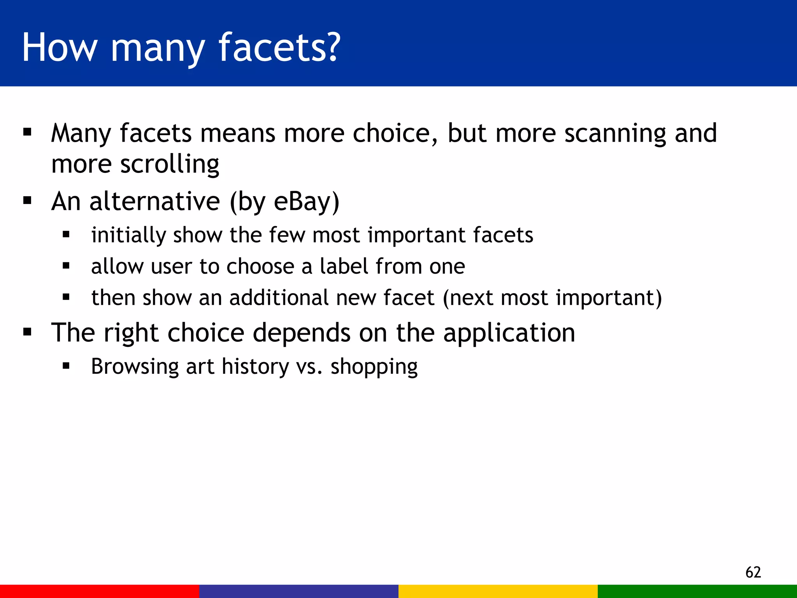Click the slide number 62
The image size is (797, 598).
click(x=753, y=572)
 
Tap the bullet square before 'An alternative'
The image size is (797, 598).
click(x=27, y=201)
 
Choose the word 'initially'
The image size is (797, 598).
click(x=128, y=236)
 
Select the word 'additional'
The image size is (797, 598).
click(x=279, y=298)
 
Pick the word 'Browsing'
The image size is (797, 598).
click(x=135, y=367)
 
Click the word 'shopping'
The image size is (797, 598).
click(x=374, y=367)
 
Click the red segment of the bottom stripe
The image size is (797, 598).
click(x=100, y=591)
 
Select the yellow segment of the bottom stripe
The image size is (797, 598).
click(x=498, y=591)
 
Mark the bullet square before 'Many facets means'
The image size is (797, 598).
click(x=27, y=132)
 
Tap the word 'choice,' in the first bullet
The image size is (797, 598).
click(x=395, y=134)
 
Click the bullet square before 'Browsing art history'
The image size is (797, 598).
click(x=66, y=366)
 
